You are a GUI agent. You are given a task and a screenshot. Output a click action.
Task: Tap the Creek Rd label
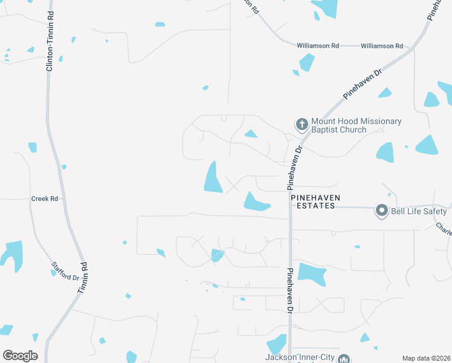pos(45,198)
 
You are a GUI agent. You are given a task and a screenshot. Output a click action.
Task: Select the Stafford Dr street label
pos(65,270)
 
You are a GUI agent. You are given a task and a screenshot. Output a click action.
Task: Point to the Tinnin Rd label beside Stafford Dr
pos(83,279)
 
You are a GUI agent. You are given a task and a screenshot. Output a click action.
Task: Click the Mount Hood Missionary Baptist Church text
pos(356,125)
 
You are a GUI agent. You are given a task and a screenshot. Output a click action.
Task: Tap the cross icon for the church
pos(302,125)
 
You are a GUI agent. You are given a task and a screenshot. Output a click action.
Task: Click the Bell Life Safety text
pos(419,211)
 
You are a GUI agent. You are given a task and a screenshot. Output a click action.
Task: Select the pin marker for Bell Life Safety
pos(381,211)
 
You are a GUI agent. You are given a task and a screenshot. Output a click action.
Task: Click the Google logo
pos(20,356)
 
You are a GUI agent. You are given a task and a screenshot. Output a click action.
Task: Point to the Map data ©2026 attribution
pos(426,358)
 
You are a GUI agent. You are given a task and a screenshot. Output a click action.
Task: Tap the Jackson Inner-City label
pos(299,357)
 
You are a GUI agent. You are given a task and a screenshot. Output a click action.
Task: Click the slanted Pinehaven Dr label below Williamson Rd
pos(363,84)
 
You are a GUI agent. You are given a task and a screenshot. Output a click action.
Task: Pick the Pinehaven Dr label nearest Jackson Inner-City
pos(290,290)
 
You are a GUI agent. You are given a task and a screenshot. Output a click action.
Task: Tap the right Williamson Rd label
pos(381,46)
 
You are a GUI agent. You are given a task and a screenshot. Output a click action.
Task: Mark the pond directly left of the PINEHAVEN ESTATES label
pos(256,202)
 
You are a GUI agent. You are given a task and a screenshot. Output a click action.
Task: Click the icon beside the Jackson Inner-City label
pos(343,358)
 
